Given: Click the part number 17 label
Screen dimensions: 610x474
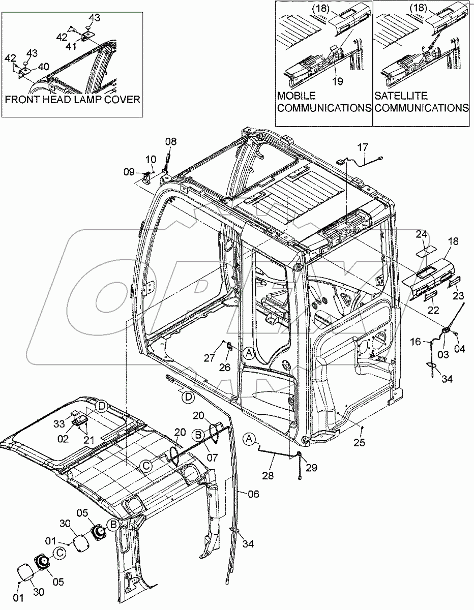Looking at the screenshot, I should click(362, 148).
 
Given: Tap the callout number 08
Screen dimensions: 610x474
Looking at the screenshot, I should click(171, 142).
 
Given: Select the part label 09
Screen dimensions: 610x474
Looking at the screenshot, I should click(130, 172).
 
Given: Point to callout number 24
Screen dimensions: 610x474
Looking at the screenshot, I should click(421, 234).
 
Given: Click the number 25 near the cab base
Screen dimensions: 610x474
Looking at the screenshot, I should click(360, 443).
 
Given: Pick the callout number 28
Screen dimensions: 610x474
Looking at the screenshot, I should click(269, 476).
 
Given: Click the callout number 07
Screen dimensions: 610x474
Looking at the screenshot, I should click(212, 458).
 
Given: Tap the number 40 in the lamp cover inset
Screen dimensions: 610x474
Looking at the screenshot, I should click(43, 67).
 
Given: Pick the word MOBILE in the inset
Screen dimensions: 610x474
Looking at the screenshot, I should click(296, 96).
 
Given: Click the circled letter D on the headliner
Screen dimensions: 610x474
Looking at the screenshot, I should click(102, 406).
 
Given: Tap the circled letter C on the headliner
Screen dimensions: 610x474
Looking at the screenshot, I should click(146, 465).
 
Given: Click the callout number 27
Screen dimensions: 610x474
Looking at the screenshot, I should click(210, 358).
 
